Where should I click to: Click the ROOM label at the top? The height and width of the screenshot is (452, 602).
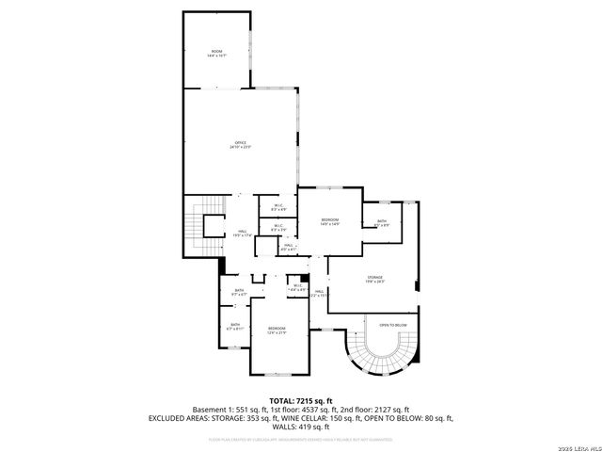pos(216,51)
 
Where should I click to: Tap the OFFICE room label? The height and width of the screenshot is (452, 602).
pos(241,143)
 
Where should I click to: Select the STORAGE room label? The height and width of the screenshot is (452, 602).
pos(375,277)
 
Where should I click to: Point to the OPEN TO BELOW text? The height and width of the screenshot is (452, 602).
pos(392,325)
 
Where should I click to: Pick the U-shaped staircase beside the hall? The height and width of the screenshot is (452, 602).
pos(200,226)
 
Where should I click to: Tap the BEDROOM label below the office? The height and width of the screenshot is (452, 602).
pos(329,219)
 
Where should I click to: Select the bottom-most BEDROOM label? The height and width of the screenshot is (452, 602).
pos(276,329)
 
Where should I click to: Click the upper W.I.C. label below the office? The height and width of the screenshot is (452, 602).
pos(279,206)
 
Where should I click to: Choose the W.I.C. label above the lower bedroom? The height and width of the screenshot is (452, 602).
pos(296,286)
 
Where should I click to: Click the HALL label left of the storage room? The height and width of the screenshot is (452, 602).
pos(319,292)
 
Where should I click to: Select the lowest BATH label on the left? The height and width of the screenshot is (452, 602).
pos(235,325)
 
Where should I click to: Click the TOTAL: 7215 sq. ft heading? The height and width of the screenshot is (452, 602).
pos(300,400)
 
